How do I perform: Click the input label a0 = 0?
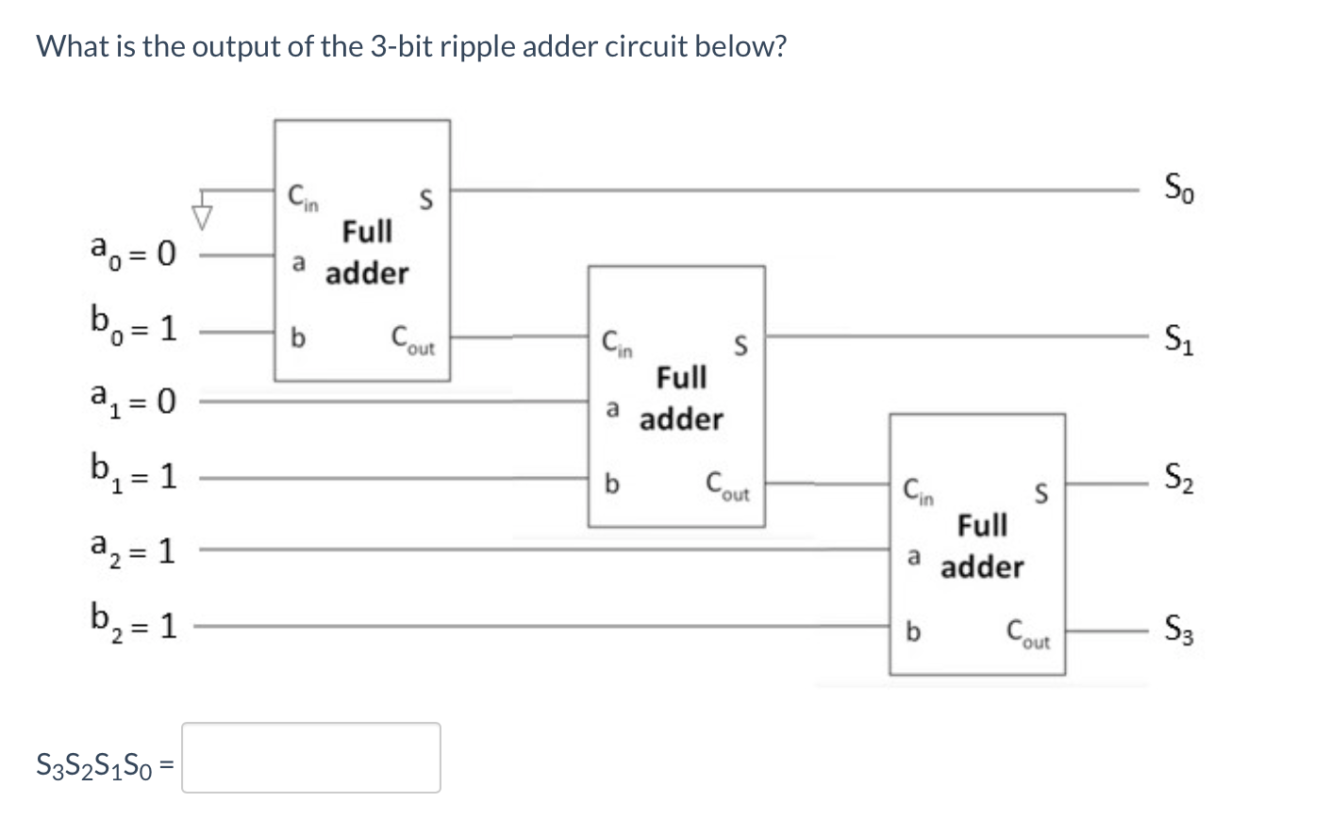pos(133,253)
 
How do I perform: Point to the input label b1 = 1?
pos(133,474)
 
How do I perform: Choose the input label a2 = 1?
pos(133,548)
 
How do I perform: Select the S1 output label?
pos(1179,336)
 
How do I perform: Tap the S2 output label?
pos(1179,482)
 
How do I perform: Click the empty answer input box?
pos(310,758)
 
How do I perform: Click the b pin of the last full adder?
pos(912,630)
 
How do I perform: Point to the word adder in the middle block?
pos(681,419)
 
